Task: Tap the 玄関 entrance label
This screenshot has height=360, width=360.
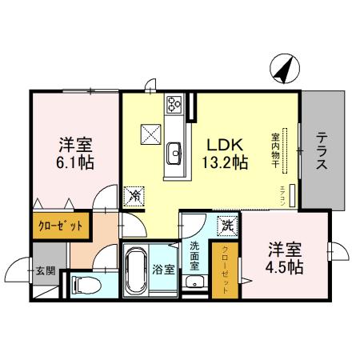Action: coord(46,270)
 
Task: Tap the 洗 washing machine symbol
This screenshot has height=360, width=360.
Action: coord(226,226)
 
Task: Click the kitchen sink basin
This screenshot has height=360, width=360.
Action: coord(174,152)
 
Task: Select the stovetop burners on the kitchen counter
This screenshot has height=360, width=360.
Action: coord(174,103)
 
